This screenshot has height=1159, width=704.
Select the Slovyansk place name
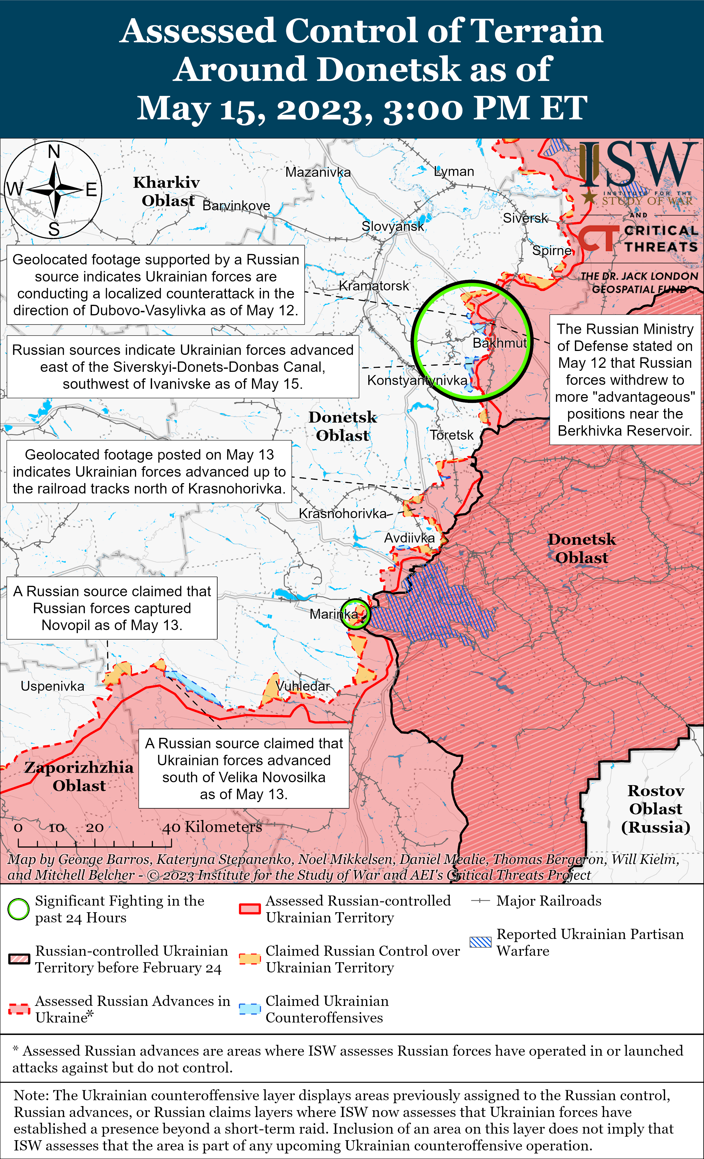392,226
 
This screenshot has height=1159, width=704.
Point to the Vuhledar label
303,686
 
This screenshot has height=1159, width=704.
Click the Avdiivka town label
409,538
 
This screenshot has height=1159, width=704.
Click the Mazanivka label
318,172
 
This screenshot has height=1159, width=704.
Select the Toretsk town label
452,435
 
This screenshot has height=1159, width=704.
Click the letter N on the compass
54,151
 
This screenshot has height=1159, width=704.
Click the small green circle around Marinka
355,614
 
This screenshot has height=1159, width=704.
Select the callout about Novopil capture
112,608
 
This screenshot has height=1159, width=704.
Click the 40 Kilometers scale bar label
212,827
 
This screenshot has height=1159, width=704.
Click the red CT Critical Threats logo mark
598,238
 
